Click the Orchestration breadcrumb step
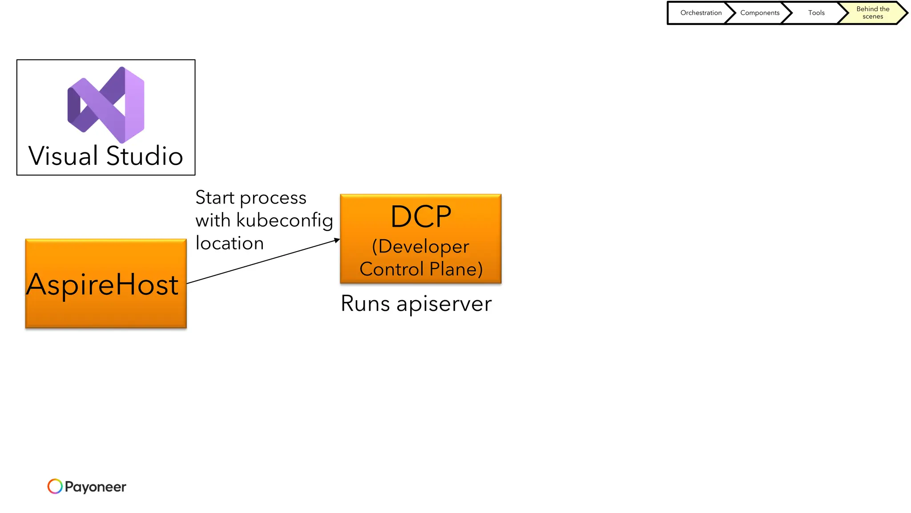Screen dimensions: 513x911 [701, 13]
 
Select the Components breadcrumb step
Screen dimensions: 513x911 [759, 13]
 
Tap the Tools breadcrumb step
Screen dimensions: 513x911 [816, 13]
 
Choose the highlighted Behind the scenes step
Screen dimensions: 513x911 [872, 13]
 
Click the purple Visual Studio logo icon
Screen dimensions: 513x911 [106, 105]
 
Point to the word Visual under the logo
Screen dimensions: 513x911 [63, 156]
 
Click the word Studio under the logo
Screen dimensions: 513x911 [145, 156]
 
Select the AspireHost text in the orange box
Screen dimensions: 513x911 [103, 285]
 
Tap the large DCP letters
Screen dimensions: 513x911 [421, 217]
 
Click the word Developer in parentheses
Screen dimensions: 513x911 [423, 246]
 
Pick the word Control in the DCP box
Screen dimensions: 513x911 [391, 269]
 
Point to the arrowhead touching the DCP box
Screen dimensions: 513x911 [337, 240]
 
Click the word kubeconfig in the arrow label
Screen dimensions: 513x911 [285, 220]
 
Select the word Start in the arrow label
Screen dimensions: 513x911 [215, 197]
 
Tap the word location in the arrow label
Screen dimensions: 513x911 [230, 243]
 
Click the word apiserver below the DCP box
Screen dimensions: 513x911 [444, 304]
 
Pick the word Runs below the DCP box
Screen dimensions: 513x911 [365, 304]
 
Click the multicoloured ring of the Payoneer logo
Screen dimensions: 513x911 [55, 486]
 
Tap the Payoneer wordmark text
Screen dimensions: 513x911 [95, 487]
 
